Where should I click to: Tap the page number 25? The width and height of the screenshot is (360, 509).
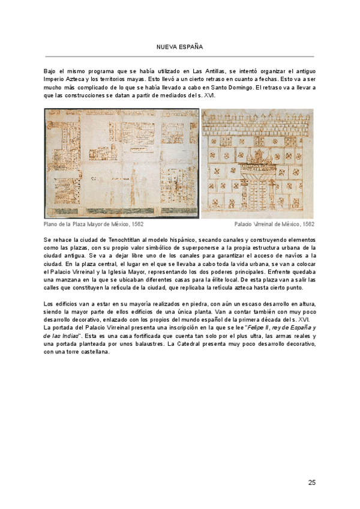point(311,482)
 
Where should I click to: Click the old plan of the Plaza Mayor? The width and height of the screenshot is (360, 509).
point(121,163)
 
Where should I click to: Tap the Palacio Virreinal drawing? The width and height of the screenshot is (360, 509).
point(257,163)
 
